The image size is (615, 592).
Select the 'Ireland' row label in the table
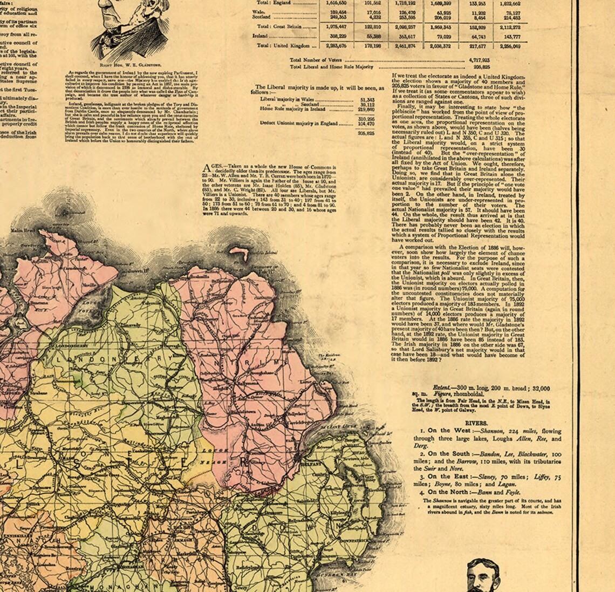point(261,36)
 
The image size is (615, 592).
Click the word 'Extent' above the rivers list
point(443,389)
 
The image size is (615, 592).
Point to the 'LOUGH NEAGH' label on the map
point(207,454)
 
